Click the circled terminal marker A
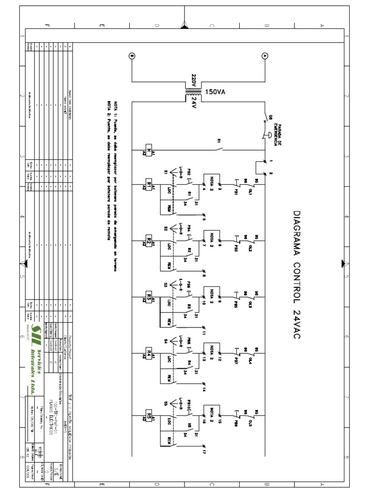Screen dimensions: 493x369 tap(263, 56)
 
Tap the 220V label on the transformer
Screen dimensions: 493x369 tap(194, 80)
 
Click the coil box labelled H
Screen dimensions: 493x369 tap(148, 151)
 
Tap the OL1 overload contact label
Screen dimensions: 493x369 tap(249, 190)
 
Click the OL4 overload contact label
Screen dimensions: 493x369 tap(249, 359)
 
